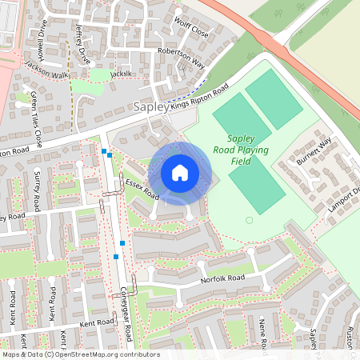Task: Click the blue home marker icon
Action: [x=180, y=172]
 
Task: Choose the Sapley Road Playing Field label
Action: [x=247, y=150]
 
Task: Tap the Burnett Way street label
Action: [x=314, y=150]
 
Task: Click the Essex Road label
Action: [x=142, y=189]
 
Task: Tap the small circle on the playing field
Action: [x=249, y=220]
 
